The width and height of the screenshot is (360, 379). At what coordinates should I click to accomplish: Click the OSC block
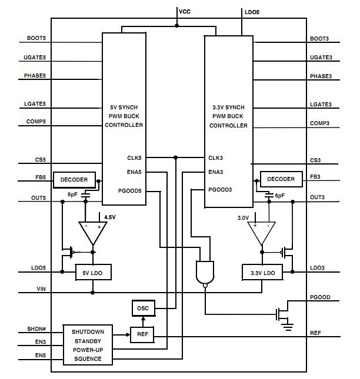142,308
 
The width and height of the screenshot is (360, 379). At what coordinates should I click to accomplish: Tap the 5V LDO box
93,273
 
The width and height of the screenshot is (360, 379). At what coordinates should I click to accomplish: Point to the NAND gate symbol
205,271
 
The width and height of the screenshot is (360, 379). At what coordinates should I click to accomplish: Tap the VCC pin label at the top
185,11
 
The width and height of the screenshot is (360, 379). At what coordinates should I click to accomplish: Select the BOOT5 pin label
36,39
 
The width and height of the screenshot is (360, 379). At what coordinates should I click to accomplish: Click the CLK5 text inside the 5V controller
134,157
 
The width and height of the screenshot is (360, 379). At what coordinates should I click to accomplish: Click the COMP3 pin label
321,123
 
